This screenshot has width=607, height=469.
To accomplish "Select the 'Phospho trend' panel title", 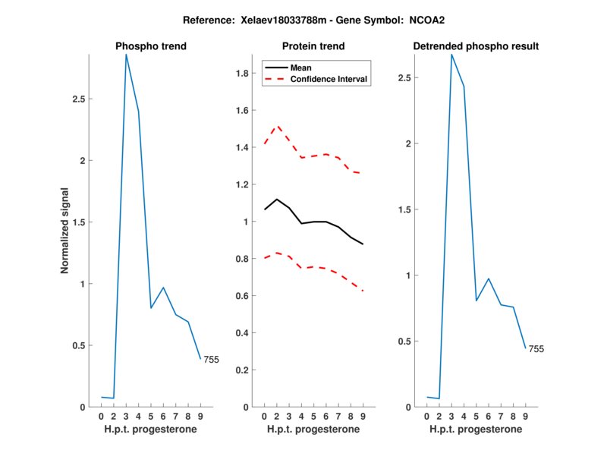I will (x=151, y=46).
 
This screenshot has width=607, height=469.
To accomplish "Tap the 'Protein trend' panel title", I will (x=313, y=46).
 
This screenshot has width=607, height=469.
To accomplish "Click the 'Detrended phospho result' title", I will (x=476, y=46).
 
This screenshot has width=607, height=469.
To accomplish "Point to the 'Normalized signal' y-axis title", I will (x=65, y=230).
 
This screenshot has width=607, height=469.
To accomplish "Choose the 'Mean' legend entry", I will (x=300, y=68).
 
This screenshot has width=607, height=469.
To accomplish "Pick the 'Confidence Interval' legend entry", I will (x=329, y=79).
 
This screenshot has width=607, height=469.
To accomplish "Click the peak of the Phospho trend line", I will (x=126, y=54).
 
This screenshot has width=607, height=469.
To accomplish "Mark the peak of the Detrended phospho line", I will (x=451, y=54).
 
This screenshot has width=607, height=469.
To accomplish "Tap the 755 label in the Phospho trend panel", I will (x=211, y=360).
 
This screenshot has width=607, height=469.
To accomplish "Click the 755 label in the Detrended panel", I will (x=536, y=349).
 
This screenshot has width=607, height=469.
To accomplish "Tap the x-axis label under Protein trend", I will (x=313, y=429).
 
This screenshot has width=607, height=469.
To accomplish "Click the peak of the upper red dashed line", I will (x=277, y=126).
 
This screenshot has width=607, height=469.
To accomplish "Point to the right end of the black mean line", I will (x=363, y=244).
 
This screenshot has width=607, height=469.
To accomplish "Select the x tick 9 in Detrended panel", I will (x=525, y=416).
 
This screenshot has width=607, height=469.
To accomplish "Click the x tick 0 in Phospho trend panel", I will (x=102, y=416).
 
